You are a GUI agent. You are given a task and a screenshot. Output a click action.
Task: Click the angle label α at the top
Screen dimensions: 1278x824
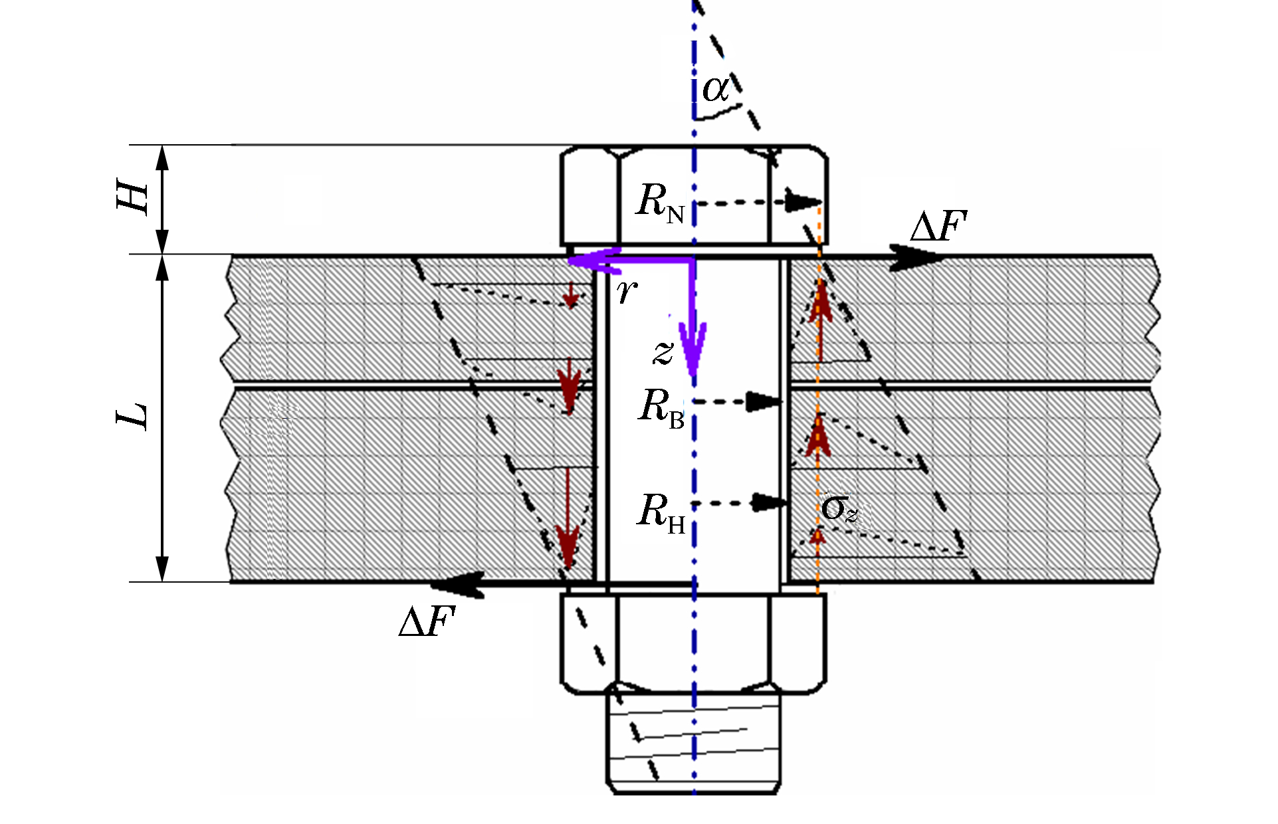716,89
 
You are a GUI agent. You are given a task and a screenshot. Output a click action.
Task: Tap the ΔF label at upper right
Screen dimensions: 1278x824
938,227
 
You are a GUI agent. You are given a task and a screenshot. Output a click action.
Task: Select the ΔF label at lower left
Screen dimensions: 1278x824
427,622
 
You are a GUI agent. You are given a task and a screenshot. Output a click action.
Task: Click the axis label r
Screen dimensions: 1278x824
627,290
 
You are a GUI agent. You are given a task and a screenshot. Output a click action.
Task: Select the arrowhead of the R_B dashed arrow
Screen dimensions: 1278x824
764,401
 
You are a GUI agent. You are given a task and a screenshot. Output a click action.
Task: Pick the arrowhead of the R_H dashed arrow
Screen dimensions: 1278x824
770,503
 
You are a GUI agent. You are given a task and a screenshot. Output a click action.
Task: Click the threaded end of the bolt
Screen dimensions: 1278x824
693,740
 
